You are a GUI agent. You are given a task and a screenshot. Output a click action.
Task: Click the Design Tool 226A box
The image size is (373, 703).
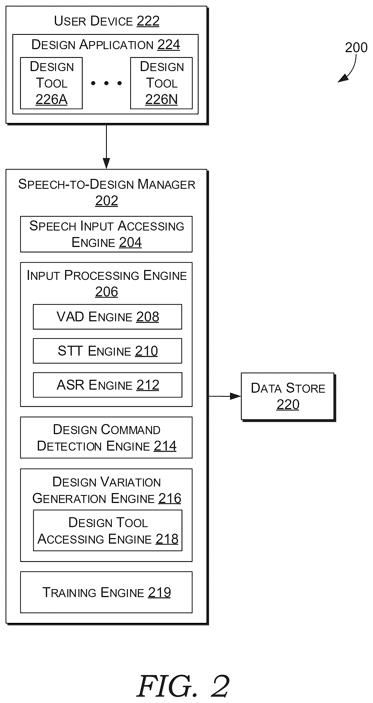point(51,83)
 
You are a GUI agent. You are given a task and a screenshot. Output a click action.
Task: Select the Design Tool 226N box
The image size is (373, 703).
point(162,83)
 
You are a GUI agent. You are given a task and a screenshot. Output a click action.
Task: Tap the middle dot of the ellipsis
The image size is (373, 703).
point(106,83)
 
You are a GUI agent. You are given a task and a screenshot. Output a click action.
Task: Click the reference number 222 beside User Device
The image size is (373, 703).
point(148,21)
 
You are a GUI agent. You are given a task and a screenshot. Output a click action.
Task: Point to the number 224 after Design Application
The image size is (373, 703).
point(169,45)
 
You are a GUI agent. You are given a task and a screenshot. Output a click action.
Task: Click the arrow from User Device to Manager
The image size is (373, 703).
point(106,147)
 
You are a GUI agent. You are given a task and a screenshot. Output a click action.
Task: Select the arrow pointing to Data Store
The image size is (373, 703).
point(225,396)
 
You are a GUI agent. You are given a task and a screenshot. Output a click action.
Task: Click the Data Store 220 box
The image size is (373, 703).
point(288,396)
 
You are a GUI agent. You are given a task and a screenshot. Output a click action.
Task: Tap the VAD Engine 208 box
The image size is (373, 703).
point(107,317)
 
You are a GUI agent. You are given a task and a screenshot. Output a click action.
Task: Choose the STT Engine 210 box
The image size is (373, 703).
point(107,351)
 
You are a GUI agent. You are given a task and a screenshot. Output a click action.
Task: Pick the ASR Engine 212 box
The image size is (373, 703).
point(107,385)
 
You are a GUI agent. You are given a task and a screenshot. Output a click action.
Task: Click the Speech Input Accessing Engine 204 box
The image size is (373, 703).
point(106,234)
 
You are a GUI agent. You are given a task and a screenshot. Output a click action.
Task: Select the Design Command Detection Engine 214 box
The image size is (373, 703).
point(106,438)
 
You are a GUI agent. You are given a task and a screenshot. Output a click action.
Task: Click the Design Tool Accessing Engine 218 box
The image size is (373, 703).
point(107,530)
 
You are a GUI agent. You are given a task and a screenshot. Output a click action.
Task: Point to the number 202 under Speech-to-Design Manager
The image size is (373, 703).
point(107,201)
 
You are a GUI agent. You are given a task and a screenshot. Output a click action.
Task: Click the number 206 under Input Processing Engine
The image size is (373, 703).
point(107,292)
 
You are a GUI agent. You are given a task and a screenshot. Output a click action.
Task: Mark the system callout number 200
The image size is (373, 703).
point(356,47)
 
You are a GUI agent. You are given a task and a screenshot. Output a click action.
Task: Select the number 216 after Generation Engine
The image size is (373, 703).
point(170,498)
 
